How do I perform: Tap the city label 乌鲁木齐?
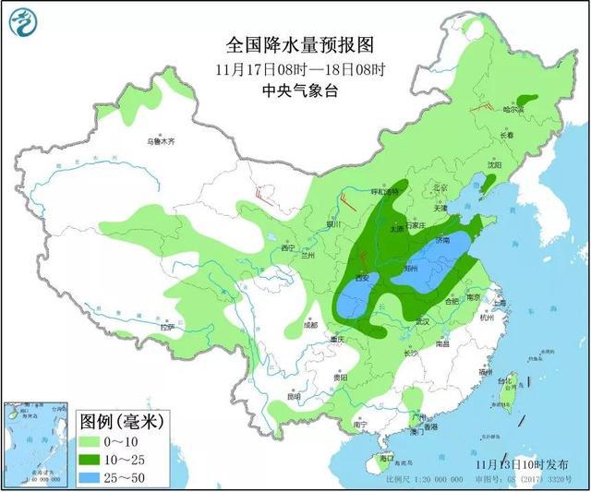[x=161, y=142]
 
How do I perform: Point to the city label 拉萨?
[x=166, y=327]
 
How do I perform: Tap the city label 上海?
[x=500, y=302]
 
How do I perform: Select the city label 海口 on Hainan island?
[x=387, y=458]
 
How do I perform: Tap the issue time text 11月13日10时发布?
[x=523, y=462]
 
